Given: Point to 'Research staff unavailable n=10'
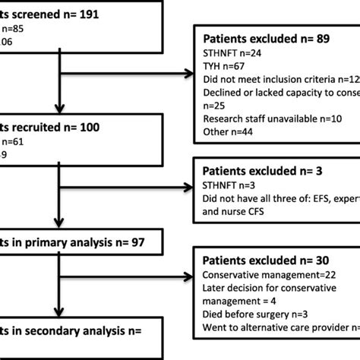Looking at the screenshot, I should click(262, 117).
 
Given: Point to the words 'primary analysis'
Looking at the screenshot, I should click(72, 243).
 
